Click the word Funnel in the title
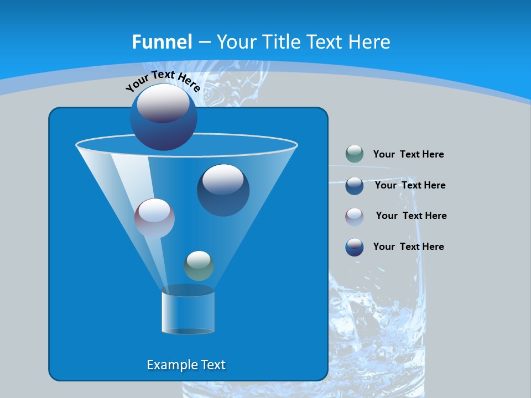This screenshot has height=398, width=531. tap(162, 42)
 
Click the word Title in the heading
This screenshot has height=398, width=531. tap(281, 42)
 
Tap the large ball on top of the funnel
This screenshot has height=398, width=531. tap(163, 117)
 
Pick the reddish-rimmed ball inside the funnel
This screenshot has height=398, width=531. tap(154, 218)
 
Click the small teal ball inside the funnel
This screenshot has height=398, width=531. tap(199, 265)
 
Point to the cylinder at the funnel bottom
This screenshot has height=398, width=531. tap(188, 312)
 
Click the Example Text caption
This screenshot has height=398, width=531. tap(186, 365)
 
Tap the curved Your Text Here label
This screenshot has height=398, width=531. tap(163, 81)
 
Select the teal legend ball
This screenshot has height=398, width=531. tap(355, 154)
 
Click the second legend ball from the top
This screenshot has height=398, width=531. tap(355, 186)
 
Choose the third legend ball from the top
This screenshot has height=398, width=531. tap(355, 217)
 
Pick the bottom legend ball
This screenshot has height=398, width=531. tap(355, 247)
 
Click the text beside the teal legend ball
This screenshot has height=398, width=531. tap(408, 155)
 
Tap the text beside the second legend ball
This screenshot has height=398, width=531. tap(410, 186)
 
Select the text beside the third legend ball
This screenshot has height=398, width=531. tap(411, 216)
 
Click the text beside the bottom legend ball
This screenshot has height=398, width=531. tap(408, 247)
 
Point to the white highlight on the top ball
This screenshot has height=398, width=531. tap(163, 103)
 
